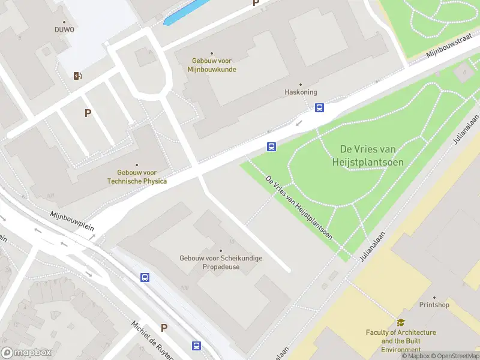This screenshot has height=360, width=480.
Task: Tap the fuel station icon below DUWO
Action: (77, 76)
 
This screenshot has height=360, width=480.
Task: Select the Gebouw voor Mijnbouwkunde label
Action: (213, 65)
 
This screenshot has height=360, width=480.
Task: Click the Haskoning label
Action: (300, 92)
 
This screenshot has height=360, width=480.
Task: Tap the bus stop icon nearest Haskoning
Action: (320, 108)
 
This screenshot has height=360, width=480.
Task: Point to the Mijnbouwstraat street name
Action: (447, 47)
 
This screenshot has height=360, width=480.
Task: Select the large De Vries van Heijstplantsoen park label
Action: (371, 155)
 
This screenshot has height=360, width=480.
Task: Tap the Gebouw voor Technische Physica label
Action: (137, 177)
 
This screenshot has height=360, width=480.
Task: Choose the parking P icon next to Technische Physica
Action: (88, 113)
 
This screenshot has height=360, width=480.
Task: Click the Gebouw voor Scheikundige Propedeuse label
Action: (221, 262)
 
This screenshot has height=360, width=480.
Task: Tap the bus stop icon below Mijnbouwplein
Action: (145, 277)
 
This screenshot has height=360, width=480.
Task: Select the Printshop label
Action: (434, 305)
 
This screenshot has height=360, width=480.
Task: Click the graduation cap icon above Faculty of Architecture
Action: (401, 322)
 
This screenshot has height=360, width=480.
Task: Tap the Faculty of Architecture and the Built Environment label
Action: (401, 341)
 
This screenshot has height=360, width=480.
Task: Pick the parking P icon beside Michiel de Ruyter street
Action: (164, 328)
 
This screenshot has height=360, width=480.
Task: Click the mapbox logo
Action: (26, 353)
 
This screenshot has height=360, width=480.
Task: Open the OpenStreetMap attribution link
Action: (454, 356)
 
